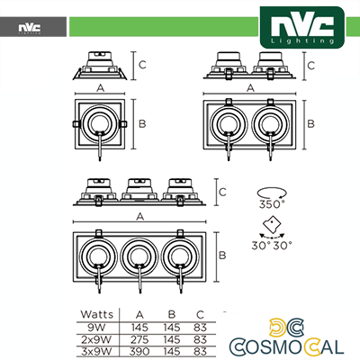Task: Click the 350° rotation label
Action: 272,204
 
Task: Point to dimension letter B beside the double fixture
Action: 311,123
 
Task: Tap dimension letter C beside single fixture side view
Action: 142,64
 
